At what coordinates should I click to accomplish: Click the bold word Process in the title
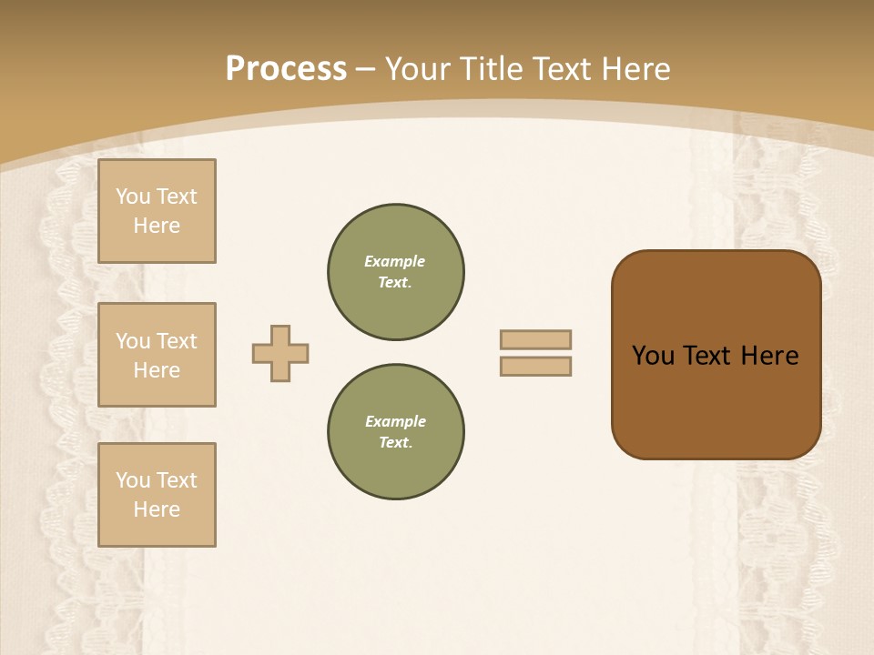pos(286,69)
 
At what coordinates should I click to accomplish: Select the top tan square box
pos(157,211)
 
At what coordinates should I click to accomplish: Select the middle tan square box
pos(157,355)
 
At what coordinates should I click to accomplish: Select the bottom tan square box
pos(157,495)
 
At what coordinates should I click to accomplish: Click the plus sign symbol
pos(280,353)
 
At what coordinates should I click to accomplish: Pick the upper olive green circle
pos(396,272)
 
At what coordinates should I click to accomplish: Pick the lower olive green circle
pos(396,432)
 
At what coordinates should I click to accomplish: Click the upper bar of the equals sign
pos(535,339)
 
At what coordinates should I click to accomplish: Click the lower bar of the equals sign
pos(535,367)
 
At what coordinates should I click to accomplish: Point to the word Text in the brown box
pos(708,356)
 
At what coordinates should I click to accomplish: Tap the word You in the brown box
pos(652,356)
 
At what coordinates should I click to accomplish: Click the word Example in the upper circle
pos(395,261)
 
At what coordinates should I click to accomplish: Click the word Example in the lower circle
pos(395,421)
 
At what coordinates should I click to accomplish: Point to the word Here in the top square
pos(157,226)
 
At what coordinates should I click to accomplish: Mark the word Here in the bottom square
pos(157,509)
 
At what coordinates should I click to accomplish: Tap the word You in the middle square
pos(132,341)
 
